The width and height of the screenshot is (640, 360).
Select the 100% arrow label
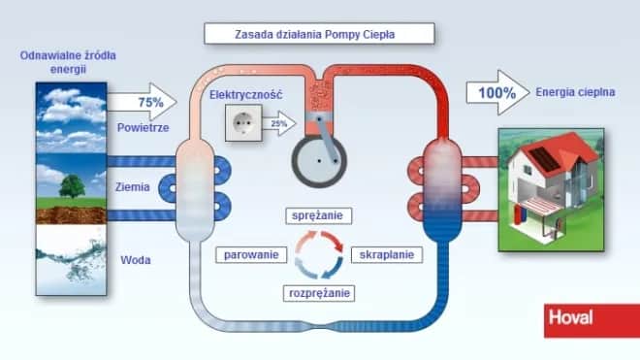click(x=492, y=93)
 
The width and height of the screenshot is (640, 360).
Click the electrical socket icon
click(x=240, y=121)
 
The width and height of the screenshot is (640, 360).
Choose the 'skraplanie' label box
click(x=386, y=254)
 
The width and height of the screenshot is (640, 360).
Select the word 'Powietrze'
click(x=144, y=127)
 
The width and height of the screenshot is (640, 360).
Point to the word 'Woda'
click(x=136, y=260)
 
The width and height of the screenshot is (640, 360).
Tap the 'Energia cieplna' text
click(x=574, y=93)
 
